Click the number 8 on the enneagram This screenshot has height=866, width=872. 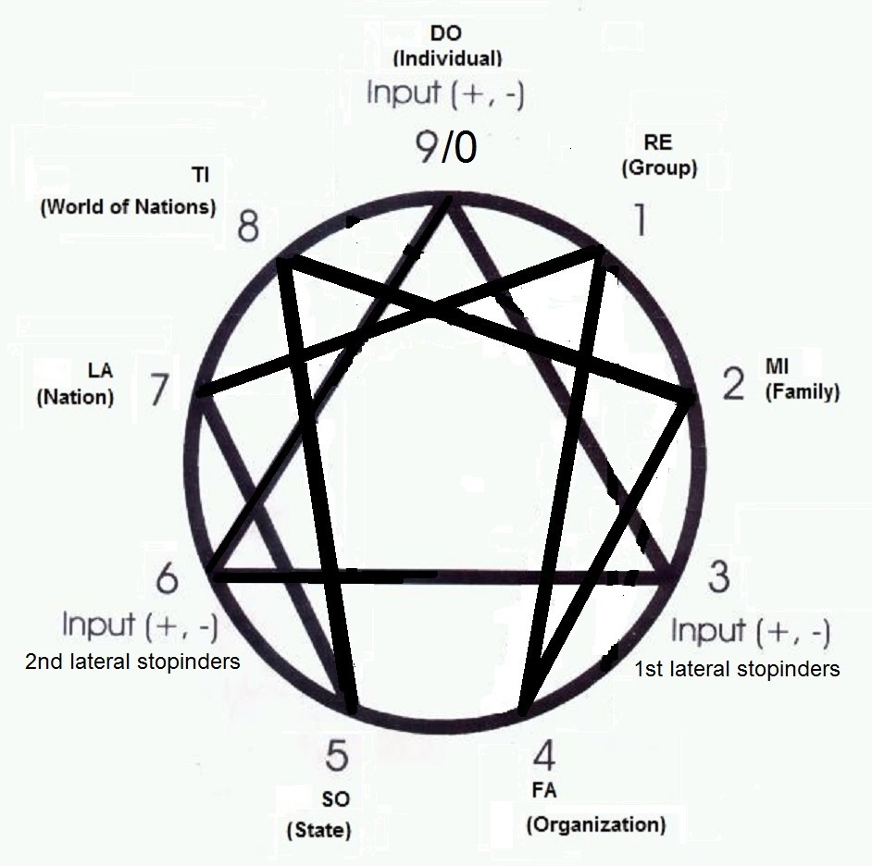pos(248,227)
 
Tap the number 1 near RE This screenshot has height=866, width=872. pos(641,219)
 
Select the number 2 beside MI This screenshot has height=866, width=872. pos(733,384)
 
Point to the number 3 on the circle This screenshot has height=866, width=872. pos(718,576)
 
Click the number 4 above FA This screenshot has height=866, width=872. pos(544,755)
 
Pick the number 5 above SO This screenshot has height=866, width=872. pos(336,755)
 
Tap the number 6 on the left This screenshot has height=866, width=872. pos(167,577)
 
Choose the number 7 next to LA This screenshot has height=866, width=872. pos(158,390)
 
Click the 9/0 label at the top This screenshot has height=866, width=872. pos(446,147)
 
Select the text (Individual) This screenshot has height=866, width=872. pos(447,58)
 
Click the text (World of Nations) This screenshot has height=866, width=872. pos(128,206)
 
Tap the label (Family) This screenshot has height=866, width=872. pos(803,392)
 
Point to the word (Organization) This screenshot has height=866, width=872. pos(596,824)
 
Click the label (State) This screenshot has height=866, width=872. pos(319,830)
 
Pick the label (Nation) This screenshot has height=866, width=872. pos(75,397)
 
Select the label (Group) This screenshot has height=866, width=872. pos(659,167)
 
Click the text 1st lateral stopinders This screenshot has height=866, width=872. pos(737,669)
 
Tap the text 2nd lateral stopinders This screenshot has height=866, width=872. pos(132,662)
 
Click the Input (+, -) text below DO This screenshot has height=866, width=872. pos(445,93)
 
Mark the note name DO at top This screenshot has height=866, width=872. pos(446,33)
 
